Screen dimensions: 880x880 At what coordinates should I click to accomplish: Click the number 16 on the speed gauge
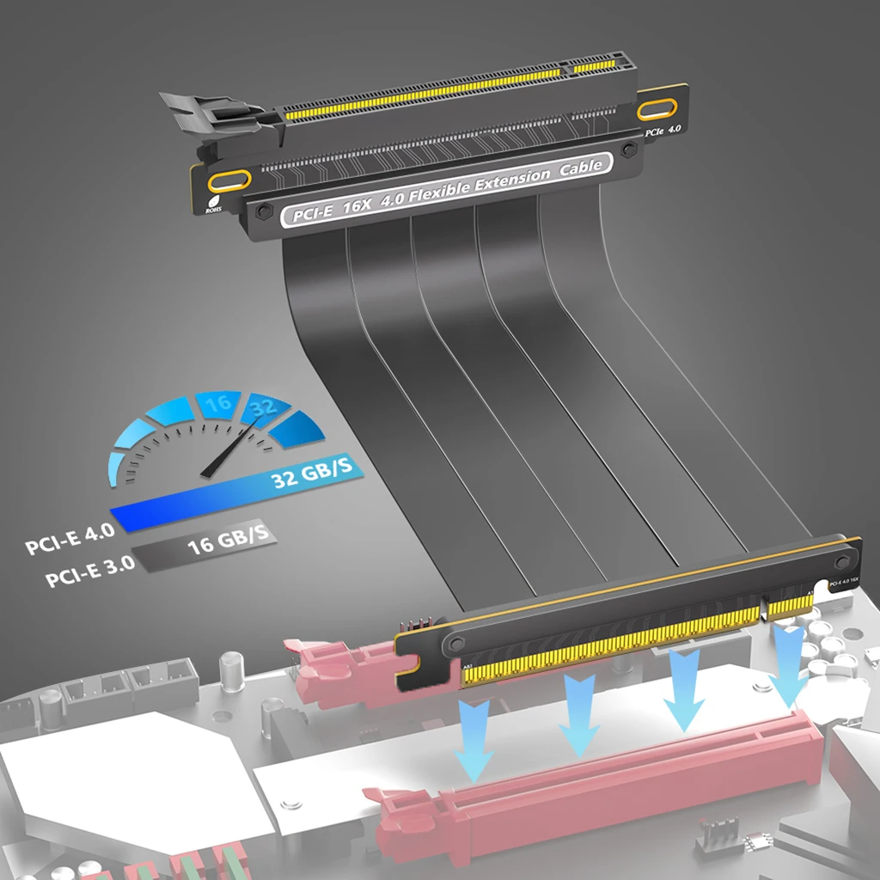tap(218, 402)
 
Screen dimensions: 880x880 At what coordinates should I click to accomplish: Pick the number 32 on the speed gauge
tap(263, 409)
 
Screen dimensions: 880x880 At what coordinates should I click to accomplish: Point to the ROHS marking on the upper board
tap(213, 206)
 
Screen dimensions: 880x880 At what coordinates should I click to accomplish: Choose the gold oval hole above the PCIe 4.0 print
tap(658, 109)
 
